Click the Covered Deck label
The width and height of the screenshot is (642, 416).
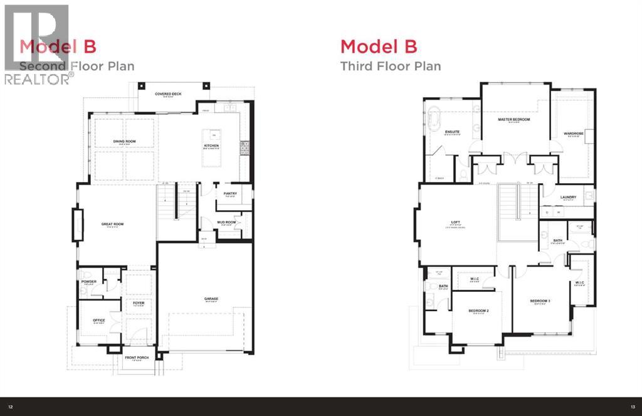(x=168, y=93)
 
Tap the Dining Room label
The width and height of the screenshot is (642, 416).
(x=124, y=141)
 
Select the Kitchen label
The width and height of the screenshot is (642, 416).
(x=211, y=146)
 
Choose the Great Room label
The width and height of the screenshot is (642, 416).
(x=110, y=224)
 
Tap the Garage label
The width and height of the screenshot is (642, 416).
(x=211, y=299)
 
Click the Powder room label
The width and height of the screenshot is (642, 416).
(x=88, y=282)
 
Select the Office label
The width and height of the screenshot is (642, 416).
(x=99, y=320)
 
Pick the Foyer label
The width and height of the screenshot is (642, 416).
(x=138, y=302)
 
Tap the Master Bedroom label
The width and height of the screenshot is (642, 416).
(x=514, y=119)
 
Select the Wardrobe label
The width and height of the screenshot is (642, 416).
(x=573, y=133)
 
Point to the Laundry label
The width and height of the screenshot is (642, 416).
(x=568, y=197)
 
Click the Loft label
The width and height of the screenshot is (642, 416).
(x=456, y=221)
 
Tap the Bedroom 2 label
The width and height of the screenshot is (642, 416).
(x=478, y=311)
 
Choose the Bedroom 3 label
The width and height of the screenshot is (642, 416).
(x=539, y=301)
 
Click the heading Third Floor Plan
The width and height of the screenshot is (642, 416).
(x=390, y=66)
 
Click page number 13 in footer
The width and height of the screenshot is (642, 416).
(x=633, y=407)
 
